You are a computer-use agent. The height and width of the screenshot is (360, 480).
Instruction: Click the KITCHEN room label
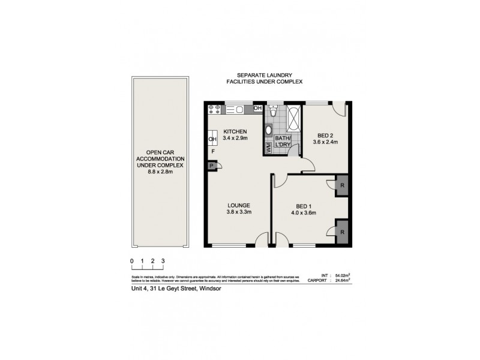pyautogui.click(x=235, y=132)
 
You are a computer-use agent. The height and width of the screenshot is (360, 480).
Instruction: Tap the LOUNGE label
pyautogui.click(x=238, y=205)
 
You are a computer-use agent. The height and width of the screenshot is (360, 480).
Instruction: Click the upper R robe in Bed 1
pyautogui.click(x=341, y=185)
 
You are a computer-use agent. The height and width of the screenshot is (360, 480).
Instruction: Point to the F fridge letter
pyautogui.click(x=212, y=152)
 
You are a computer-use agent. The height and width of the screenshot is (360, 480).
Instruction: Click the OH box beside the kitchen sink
pyautogui.click(x=257, y=109)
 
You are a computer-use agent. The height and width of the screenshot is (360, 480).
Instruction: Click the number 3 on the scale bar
pyautogui.click(x=163, y=261)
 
